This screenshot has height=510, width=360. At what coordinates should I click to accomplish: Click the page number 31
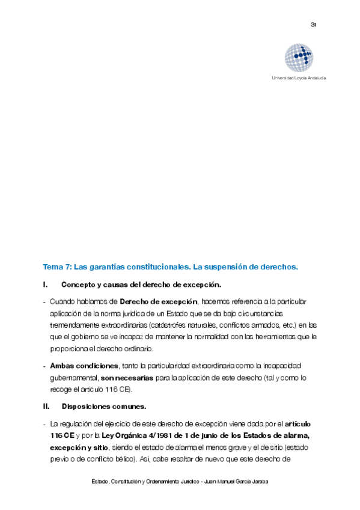313,25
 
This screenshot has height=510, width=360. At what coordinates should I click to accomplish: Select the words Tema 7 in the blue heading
56,266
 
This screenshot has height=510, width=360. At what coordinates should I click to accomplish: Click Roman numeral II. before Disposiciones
46,406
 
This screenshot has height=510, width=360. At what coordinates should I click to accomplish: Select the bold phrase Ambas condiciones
84,366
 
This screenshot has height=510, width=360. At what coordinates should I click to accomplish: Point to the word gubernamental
74,378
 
